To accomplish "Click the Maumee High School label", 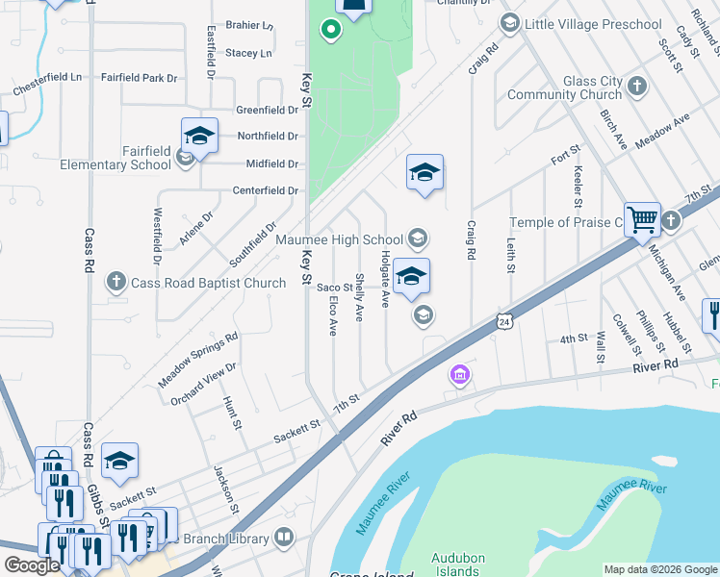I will coord(339,239).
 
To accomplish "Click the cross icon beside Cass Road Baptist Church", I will coord(116,282).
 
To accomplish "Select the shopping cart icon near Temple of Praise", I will coord(641,218).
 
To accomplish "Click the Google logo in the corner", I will coord(33,565).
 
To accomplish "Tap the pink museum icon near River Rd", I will coord(460,374).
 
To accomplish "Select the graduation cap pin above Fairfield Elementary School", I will coord(199,136).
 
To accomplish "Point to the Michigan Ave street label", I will coord(668,271).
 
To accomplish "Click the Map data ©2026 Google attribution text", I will coord(659,569).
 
